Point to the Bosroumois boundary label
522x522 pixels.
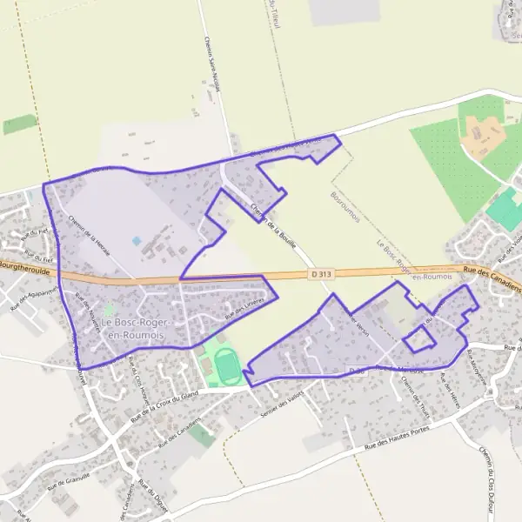click(x=345, y=207)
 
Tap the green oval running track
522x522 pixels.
click(x=228, y=365)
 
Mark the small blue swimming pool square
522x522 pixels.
click(x=136, y=240)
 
